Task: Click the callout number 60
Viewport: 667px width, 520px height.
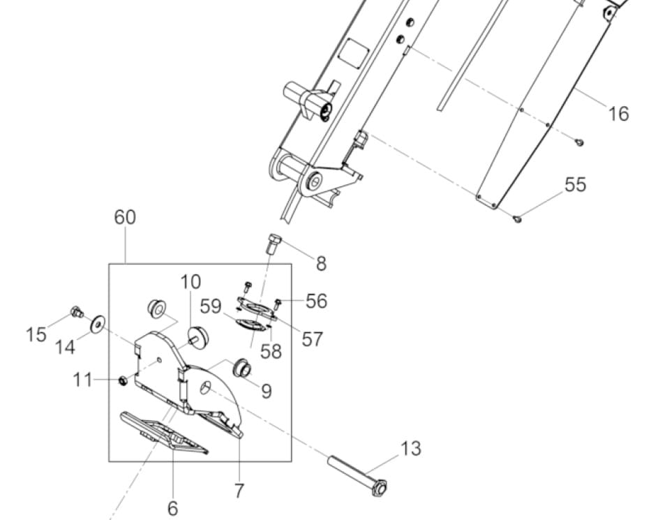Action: click(125, 217)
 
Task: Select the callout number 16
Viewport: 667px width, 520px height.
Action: click(618, 113)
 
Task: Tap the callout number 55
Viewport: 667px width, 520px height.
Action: click(576, 185)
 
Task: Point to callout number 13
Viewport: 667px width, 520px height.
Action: click(411, 448)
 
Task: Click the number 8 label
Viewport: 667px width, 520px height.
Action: click(321, 264)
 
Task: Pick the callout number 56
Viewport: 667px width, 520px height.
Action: click(316, 301)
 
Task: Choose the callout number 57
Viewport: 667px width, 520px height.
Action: click(312, 339)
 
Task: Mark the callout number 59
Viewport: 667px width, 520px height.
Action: click(211, 306)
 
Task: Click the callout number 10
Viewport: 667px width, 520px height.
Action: click(190, 282)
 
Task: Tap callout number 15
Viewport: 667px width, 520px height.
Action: click(36, 334)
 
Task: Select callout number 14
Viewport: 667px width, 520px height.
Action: click(65, 346)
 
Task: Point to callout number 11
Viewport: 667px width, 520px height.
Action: click(82, 380)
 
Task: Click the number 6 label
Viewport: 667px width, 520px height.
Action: click(172, 508)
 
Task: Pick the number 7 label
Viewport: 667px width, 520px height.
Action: click(239, 491)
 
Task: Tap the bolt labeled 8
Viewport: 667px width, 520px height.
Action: click(273, 245)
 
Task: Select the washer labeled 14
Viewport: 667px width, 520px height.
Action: click(97, 322)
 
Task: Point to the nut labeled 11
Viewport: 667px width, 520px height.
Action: click(122, 380)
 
